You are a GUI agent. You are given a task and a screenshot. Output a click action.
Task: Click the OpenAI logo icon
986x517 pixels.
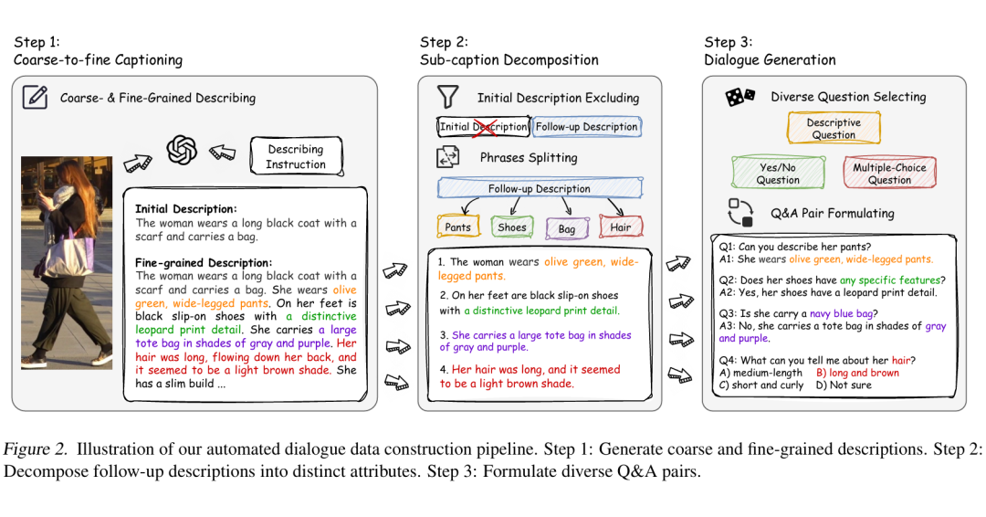pyautogui.click(x=183, y=149)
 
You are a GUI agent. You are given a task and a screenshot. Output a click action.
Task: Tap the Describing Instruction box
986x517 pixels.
pyautogui.click(x=296, y=156)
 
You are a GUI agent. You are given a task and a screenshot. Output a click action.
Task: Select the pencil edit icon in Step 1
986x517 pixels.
pyautogui.click(x=35, y=98)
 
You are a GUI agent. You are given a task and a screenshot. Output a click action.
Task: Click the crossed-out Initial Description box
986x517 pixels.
pyautogui.click(x=483, y=127)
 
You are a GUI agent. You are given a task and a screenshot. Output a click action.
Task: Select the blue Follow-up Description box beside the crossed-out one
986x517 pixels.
pyautogui.click(x=586, y=127)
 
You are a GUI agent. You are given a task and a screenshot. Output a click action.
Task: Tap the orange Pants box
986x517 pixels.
pyautogui.click(x=458, y=227)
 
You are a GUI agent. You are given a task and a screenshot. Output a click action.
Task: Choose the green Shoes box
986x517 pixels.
pyautogui.click(x=511, y=227)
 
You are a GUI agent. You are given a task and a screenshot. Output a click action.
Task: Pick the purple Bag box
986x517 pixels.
pyautogui.click(x=566, y=228)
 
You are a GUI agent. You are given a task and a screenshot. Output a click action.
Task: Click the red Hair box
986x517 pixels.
pyautogui.click(x=621, y=227)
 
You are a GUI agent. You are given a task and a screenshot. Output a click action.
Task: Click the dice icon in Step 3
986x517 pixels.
pyautogui.click(x=739, y=96)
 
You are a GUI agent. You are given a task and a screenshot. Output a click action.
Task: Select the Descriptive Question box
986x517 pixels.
pyautogui.click(x=834, y=129)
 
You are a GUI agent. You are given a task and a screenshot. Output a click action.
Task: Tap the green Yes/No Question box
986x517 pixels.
pyautogui.click(x=778, y=174)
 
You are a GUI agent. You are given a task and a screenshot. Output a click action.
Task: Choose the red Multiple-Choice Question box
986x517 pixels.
pyautogui.click(x=889, y=174)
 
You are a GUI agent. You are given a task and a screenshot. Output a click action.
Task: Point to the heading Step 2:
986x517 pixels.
pyautogui.click(x=444, y=42)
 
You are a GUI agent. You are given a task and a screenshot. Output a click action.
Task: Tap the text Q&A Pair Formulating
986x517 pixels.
pyautogui.click(x=833, y=213)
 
